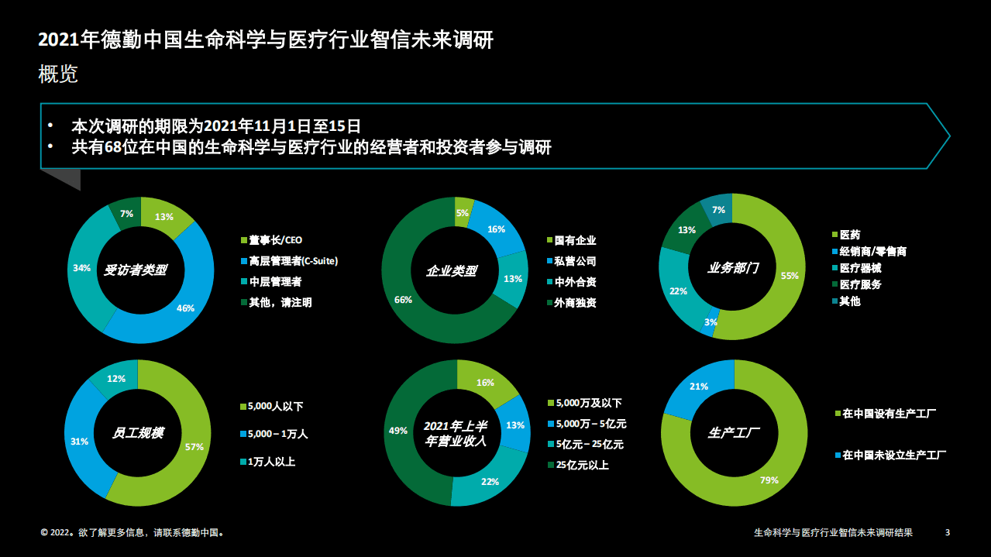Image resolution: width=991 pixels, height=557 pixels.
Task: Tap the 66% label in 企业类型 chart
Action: [403, 299]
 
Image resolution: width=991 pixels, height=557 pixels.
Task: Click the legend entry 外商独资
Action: [574, 303]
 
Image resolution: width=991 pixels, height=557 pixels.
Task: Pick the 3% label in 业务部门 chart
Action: [711, 322]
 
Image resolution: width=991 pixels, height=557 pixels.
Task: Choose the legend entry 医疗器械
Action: [859, 268]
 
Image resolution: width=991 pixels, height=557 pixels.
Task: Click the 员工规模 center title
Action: [138, 433]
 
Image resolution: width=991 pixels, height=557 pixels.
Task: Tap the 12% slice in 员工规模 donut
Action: [115, 378]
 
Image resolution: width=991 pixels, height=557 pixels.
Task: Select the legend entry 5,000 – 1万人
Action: [277, 434]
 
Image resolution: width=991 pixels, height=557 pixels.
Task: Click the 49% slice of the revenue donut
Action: [401, 431]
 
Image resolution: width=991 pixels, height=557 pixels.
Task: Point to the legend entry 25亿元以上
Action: [581, 466]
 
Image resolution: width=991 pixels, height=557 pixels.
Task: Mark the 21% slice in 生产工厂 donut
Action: [699, 387]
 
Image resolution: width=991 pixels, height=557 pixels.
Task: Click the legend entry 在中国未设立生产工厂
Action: [893, 455]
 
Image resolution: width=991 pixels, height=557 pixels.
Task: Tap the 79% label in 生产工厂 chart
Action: [769, 480]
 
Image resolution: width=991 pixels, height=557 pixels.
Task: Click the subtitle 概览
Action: [58, 75]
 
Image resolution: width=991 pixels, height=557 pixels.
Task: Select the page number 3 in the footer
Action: [948, 532]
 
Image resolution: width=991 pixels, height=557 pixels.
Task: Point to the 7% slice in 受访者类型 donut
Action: [126, 213]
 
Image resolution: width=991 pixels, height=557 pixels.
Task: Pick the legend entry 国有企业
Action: [574, 241]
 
